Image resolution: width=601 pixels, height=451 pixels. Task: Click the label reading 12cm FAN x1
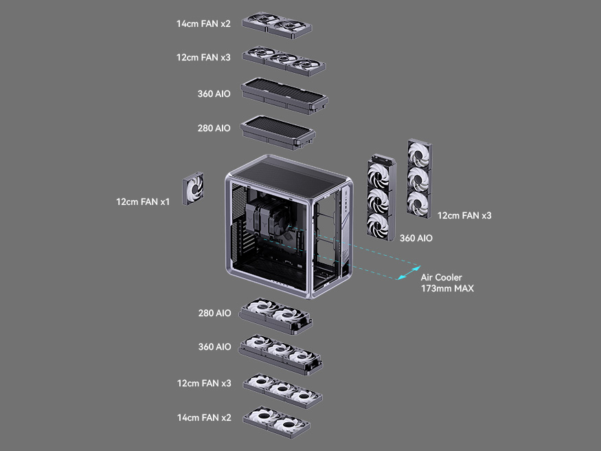(143, 201)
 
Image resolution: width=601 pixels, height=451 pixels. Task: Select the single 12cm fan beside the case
(194, 189)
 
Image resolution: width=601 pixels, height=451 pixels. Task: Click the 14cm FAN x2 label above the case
(203, 23)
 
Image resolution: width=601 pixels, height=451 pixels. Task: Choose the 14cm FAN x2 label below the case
(204, 417)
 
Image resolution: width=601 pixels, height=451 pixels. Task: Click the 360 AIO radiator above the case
(284, 95)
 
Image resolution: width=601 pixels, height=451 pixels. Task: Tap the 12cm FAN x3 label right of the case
(464, 215)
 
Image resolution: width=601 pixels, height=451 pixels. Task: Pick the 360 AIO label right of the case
(416, 238)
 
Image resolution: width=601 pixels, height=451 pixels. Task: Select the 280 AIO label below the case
(214, 313)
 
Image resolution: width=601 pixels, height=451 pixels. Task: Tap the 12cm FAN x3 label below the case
(204, 383)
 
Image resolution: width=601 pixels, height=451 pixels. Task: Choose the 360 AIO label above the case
(214, 93)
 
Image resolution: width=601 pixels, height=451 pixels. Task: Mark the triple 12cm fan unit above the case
(284, 59)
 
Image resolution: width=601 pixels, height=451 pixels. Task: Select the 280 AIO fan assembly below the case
(275, 316)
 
